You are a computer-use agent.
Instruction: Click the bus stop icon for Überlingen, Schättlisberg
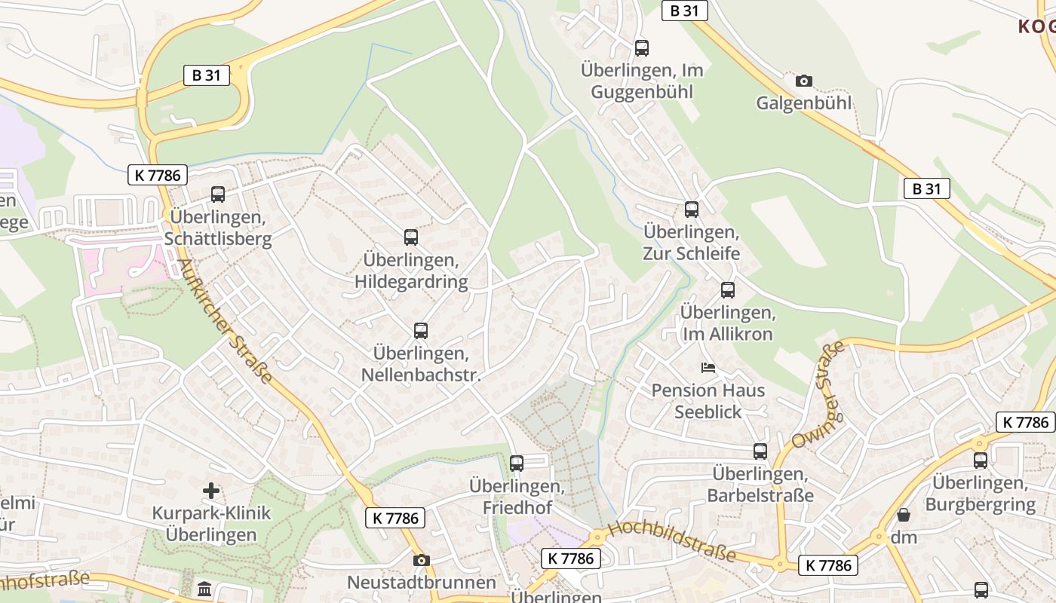pyautogui.click(x=218, y=194)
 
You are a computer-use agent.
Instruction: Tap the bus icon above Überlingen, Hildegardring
pyautogui.click(x=411, y=237)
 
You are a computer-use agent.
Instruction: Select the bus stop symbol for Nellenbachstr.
pyautogui.click(x=421, y=330)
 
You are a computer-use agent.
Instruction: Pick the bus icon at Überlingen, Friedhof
pyautogui.click(x=517, y=464)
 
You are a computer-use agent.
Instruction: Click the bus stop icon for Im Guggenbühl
pyautogui.click(x=642, y=48)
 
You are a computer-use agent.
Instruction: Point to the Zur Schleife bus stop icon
pyautogui.click(x=692, y=210)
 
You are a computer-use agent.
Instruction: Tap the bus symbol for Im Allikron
pyautogui.click(x=728, y=290)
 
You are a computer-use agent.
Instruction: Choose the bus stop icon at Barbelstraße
pyautogui.click(x=760, y=451)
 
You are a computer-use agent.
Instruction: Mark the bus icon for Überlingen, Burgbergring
pyautogui.click(x=981, y=460)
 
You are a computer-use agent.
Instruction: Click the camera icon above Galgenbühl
pyautogui.click(x=804, y=81)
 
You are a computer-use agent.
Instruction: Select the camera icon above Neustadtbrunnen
pyautogui.click(x=422, y=560)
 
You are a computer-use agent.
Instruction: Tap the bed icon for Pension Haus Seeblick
pyautogui.click(x=708, y=368)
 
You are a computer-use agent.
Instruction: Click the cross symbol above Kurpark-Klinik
pyautogui.click(x=211, y=491)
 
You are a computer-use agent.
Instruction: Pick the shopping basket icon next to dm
pyautogui.click(x=903, y=516)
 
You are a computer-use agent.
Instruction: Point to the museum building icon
pyautogui.click(x=204, y=589)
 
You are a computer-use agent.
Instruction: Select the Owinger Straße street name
pyautogui.click(x=818, y=395)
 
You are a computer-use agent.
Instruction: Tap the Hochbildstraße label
pyautogui.click(x=671, y=541)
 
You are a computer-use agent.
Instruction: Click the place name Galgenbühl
pyautogui.click(x=804, y=103)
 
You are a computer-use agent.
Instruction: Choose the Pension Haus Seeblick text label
pyautogui.click(x=708, y=401)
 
